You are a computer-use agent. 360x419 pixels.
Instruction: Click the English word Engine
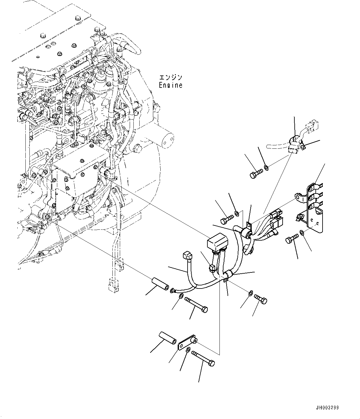point(171,85)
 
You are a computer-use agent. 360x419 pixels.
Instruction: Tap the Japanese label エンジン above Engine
point(171,77)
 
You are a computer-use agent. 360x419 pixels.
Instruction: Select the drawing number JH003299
point(327,408)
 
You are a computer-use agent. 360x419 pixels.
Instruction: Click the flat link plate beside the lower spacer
point(187,344)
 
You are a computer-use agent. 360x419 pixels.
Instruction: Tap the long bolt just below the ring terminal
point(196,304)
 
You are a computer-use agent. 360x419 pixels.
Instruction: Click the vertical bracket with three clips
point(314,207)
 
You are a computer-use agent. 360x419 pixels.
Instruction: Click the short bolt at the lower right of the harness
point(261,299)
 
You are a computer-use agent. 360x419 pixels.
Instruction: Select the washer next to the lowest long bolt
point(188,350)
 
